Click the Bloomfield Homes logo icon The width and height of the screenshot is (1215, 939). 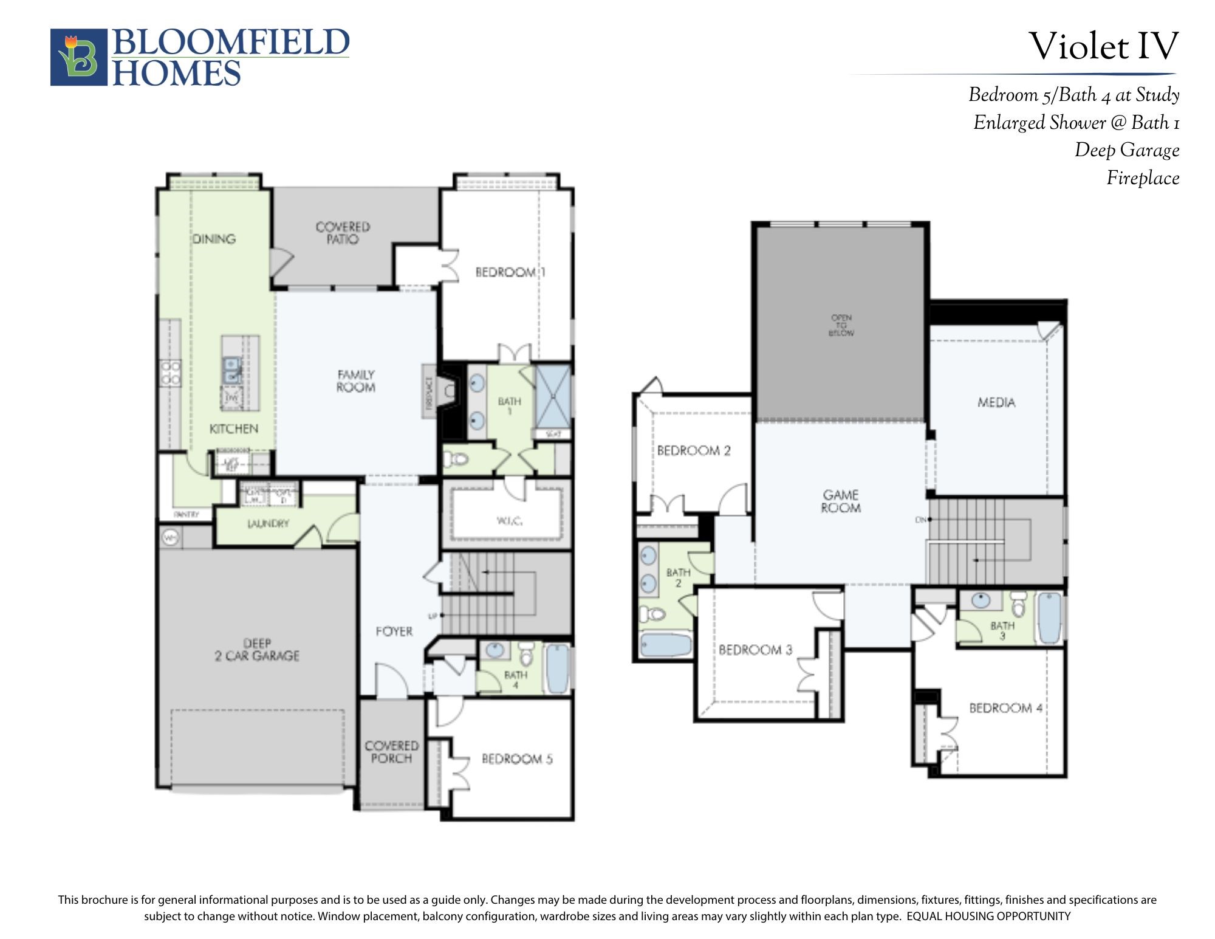point(79,57)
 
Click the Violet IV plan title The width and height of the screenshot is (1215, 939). point(1103,46)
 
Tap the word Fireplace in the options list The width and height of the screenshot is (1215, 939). point(1142,178)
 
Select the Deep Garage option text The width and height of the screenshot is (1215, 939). point(1126,150)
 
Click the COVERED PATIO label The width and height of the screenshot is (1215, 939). point(343,233)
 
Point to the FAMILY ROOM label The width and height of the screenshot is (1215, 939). point(356,381)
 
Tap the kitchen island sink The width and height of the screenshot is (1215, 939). point(231,370)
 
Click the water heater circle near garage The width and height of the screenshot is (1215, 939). point(170,538)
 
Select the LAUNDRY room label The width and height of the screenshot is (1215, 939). point(268,523)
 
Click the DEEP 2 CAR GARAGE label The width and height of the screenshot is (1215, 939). point(257,650)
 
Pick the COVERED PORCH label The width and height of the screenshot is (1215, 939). point(391,752)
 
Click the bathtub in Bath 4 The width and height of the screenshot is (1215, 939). point(557,668)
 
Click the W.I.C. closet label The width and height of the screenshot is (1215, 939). point(509,521)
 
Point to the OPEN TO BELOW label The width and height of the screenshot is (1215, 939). point(841,325)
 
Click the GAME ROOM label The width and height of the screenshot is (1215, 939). point(841,501)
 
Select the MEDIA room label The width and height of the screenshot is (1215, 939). point(996,402)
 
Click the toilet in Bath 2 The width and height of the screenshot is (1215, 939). point(654,614)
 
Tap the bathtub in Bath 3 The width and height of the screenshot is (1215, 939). point(1049,617)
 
